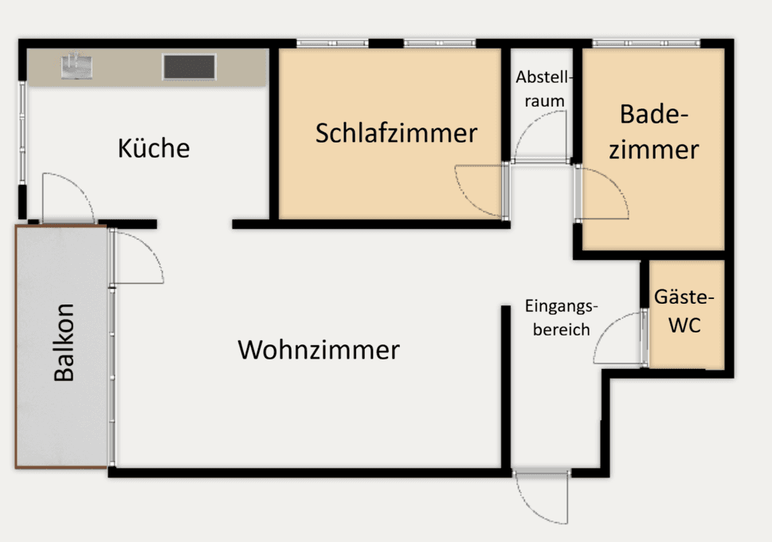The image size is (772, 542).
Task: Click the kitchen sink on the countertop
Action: point(76,66)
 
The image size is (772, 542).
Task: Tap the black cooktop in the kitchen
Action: point(189,67)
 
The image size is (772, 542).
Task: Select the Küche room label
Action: point(154,148)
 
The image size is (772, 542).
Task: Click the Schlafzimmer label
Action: point(396,133)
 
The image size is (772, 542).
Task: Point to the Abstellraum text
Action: point(544,89)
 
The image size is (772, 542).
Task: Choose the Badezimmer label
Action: point(653,132)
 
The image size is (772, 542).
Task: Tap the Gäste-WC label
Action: point(684,311)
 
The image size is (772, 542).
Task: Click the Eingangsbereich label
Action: point(560,317)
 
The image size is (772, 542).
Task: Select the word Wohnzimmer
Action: point(319,350)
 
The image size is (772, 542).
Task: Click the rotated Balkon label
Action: point(64,343)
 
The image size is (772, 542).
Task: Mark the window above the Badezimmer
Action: point(646,43)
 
